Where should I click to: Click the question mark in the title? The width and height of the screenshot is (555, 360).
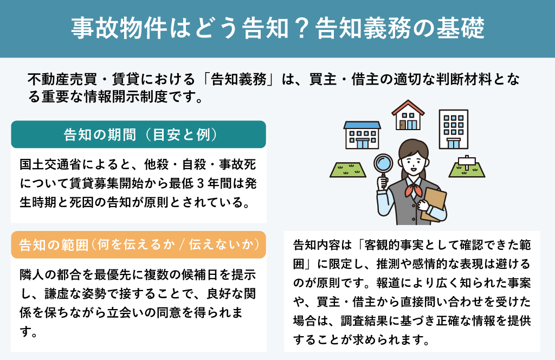301,29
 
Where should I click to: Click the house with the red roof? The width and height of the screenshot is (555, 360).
408,115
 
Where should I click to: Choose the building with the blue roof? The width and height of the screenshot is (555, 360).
362,135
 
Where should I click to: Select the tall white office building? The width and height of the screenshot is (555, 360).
454,129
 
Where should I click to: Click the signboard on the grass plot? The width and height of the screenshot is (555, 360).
467,162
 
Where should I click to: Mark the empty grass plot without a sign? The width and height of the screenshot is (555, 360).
348,170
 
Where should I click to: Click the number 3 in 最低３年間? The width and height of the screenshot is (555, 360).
201,184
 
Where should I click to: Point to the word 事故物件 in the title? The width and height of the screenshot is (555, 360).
119,28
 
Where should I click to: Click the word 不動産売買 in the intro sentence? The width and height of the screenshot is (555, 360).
62,79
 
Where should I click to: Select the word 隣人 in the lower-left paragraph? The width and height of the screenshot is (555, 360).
32,275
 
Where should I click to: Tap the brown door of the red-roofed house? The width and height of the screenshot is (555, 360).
403,125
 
